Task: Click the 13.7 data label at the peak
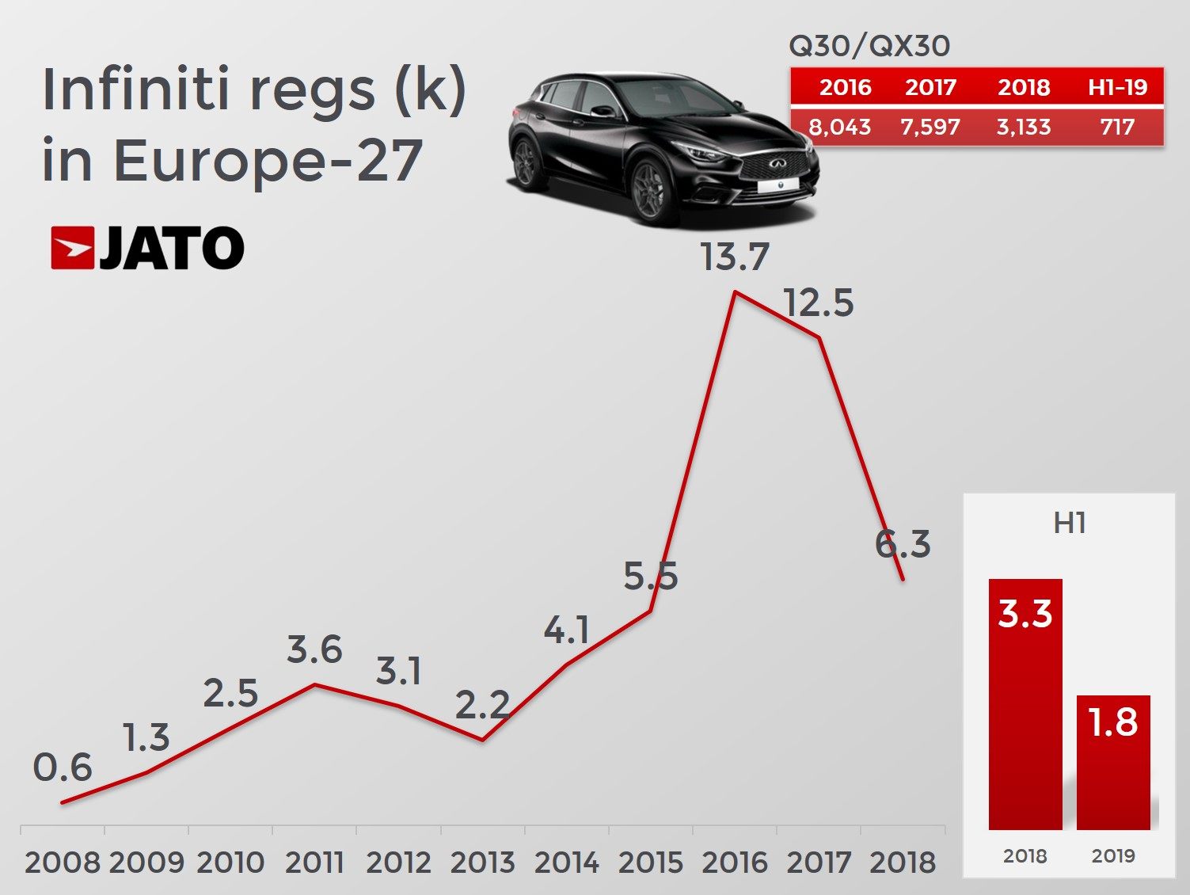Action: pos(735,257)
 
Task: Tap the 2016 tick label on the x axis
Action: pos(735,862)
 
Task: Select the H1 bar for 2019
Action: pos(1113,762)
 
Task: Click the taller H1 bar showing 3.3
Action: pos(1025,704)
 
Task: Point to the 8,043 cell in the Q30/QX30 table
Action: pos(839,127)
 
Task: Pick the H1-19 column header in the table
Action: pos(1117,87)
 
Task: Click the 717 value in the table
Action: pos(1117,127)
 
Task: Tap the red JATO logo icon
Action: pos(72,248)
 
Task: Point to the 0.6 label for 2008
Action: pos(63,767)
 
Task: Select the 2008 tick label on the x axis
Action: pos(63,862)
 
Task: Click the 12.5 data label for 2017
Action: pos(819,303)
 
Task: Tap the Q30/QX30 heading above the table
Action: pos(869,46)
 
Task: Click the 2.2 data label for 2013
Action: pos(482,705)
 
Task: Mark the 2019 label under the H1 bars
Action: pos(1113,856)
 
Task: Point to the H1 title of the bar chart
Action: pos(1070,524)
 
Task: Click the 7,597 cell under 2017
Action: pos(930,127)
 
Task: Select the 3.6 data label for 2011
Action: pos(314,650)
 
